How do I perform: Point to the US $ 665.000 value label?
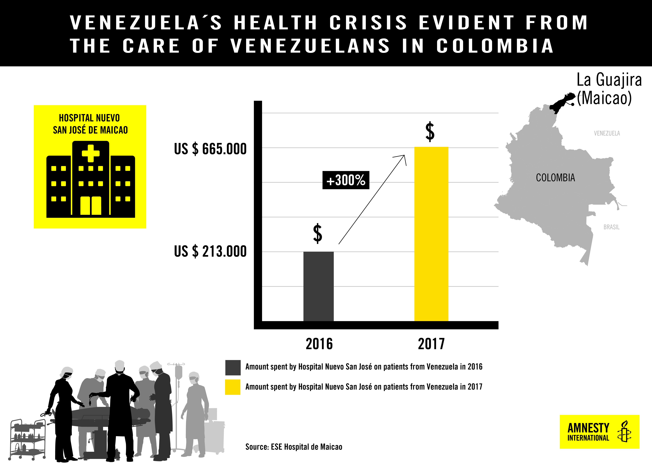click(210, 149)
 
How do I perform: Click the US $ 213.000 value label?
click(210, 251)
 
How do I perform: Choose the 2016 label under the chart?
click(319, 344)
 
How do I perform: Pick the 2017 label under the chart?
click(431, 344)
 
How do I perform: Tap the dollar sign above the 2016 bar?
click(318, 234)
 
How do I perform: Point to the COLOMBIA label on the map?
click(555, 178)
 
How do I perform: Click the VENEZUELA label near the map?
click(607, 133)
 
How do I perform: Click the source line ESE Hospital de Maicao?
click(294, 447)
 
